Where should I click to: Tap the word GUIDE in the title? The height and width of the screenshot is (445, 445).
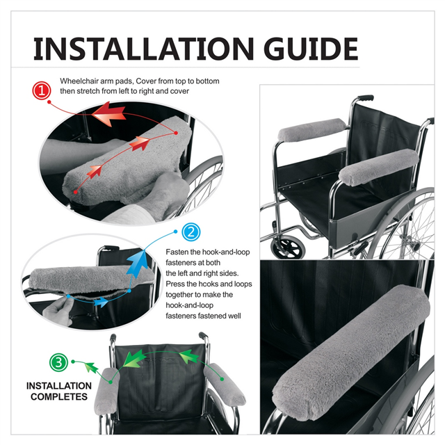[311, 49]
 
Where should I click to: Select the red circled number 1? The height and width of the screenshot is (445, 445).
[42, 91]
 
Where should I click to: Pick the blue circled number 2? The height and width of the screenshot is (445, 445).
[191, 232]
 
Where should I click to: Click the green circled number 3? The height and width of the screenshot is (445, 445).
[58, 362]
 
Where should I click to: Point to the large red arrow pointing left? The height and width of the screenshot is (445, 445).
[108, 114]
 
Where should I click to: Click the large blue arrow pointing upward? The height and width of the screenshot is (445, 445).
[138, 264]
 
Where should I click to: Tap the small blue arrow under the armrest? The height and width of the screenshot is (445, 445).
[102, 302]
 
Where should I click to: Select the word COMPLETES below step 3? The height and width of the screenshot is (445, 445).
[59, 396]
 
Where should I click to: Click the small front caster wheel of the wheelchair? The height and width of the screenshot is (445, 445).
[288, 247]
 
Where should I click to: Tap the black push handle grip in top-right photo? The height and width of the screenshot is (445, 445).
[366, 98]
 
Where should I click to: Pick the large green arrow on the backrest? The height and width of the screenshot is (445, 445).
[135, 358]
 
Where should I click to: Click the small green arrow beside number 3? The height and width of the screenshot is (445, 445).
[91, 367]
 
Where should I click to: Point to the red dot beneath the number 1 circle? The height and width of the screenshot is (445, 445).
[49, 102]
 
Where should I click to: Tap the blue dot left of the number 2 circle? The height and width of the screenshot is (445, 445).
[175, 232]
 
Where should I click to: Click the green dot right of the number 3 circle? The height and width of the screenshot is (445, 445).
[73, 362]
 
